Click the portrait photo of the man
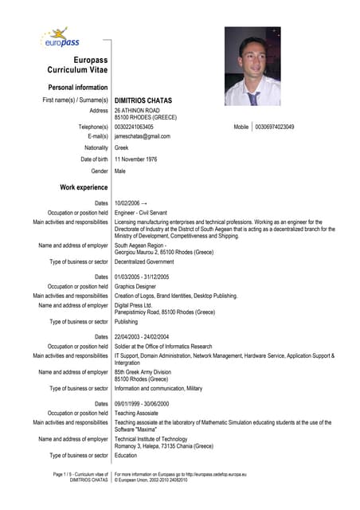[x=252, y=66]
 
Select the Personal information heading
[x=78, y=87]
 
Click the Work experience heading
[x=84, y=187]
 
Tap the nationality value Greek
[x=122, y=147]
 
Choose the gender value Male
[x=120, y=171]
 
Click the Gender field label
[x=100, y=171]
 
